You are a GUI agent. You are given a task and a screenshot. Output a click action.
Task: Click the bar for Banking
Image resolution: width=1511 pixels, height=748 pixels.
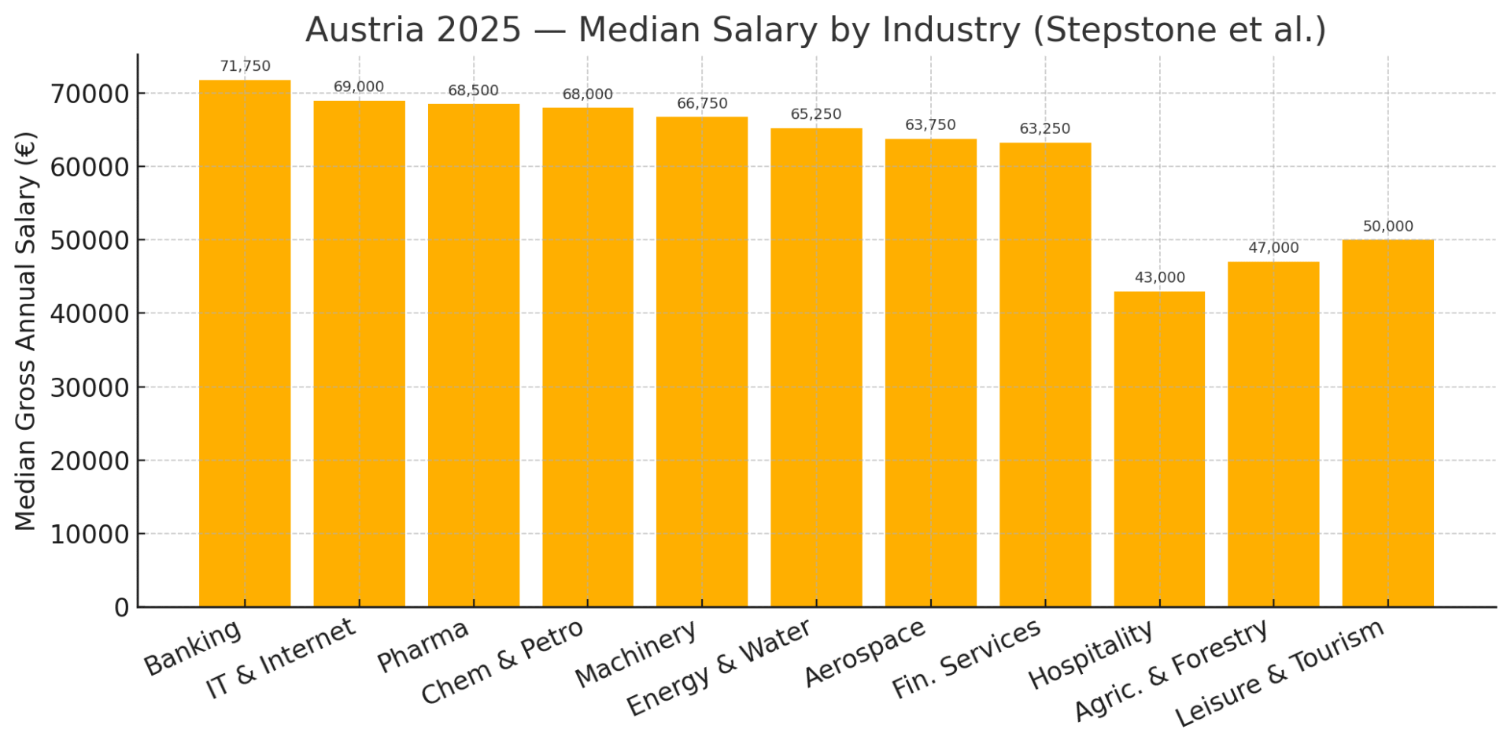coord(245,343)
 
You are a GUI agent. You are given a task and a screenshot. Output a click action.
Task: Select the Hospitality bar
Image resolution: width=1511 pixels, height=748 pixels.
coord(1159,449)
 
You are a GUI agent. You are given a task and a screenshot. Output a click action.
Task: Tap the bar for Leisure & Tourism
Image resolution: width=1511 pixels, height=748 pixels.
coord(1387,423)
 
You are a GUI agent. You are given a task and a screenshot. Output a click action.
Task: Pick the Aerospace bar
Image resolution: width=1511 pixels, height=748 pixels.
coord(930,372)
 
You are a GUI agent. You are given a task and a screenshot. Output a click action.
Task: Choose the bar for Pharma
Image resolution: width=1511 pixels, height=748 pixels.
coord(474,355)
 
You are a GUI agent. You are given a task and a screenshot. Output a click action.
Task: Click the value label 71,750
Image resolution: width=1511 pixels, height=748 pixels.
coord(245,67)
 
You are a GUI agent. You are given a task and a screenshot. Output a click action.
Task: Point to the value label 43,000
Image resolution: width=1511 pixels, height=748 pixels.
coord(1159,278)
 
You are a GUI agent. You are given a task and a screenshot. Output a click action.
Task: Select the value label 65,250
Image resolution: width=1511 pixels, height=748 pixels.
coord(816,115)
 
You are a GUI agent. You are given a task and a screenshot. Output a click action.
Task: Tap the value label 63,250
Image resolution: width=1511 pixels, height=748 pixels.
coord(1044,129)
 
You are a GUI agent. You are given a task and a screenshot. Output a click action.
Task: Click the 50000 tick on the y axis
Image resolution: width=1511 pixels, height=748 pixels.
coord(89,241)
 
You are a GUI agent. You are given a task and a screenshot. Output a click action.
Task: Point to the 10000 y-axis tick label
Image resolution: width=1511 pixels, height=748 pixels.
coord(89,535)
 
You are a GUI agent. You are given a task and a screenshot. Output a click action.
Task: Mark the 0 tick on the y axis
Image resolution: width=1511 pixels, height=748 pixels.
coord(121,608)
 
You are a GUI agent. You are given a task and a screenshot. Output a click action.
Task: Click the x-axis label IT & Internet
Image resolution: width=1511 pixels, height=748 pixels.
coord(282,660)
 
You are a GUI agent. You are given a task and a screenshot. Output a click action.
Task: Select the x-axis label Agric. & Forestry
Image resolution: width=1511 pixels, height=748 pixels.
coord(1171,672)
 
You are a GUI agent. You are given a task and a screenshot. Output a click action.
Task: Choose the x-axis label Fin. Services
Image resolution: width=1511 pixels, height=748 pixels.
coord(966,660)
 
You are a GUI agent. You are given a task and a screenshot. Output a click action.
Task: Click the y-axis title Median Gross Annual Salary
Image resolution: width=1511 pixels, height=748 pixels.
coord(26,331)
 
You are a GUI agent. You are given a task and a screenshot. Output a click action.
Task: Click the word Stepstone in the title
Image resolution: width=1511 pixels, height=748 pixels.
coord(1121,30)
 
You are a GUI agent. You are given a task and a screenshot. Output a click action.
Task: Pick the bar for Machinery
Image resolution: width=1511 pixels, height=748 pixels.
coord(702,361)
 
